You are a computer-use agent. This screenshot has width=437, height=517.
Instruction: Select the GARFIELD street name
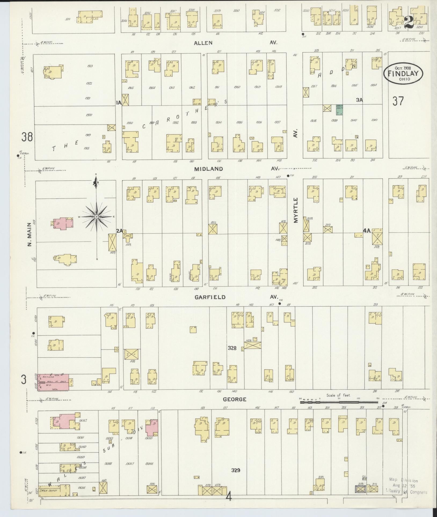pyautogui.click(x=210, y=297)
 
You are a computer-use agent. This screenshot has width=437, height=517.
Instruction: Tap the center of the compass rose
pyautogui.click(x=96, y=216)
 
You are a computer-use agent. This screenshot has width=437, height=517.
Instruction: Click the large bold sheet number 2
pyautogui.click(x=408, y=21)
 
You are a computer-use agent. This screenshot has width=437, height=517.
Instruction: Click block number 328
pyautogui.click(x=232, y=348)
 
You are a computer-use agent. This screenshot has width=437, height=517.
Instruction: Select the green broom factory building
pyautogui.click(x=340, y=110)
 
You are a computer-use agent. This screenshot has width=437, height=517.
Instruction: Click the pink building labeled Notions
pyautogui.click(x=53, y=382)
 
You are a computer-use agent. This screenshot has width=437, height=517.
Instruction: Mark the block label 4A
pyautogui.click(x=366, y=230)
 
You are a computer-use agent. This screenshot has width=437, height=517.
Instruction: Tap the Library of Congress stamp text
pyautogui.click(x=406, y=492)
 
